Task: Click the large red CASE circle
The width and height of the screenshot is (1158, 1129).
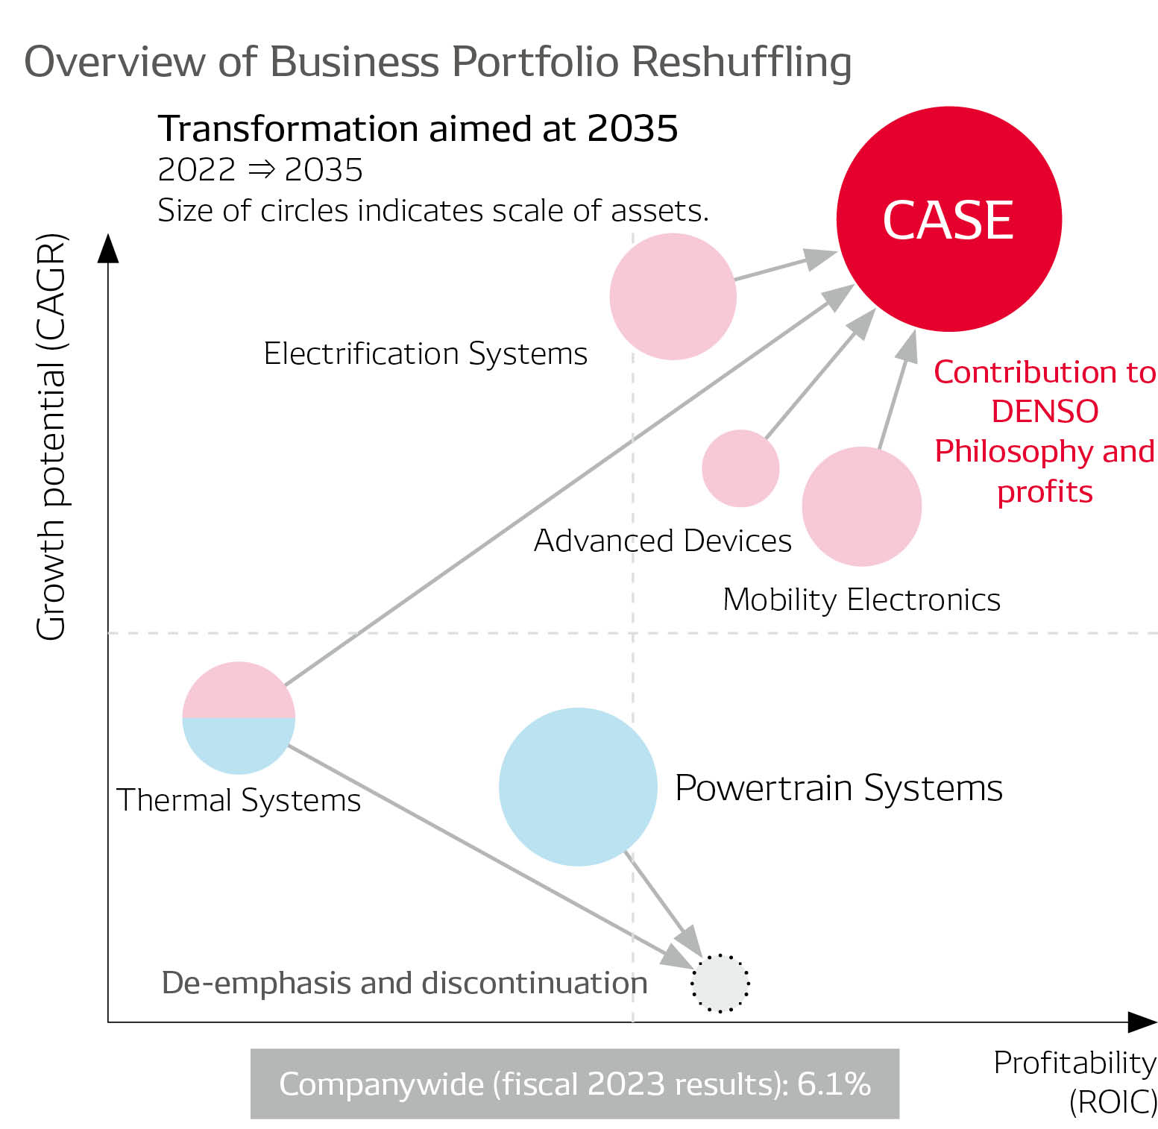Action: (x=948, y=219)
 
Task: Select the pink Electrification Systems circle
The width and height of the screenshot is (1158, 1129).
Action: (x=673, y=296)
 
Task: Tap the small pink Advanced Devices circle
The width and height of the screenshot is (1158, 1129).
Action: (x=740, y=468)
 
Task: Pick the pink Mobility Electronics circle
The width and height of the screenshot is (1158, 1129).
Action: (x=861, y=506)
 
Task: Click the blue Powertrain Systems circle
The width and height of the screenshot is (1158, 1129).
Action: (x=578, y=787)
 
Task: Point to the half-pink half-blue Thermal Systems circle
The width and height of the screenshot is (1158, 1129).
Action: (x=239, y=717)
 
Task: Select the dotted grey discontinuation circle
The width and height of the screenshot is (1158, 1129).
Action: (x=720, y=983)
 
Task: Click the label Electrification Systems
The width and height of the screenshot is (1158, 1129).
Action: (x=425, y=353)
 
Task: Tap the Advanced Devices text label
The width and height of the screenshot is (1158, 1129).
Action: (x=662, y=541)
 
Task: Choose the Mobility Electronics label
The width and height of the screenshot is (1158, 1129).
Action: (x=861, y=600)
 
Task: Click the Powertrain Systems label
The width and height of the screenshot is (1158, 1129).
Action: (x=838, y=787)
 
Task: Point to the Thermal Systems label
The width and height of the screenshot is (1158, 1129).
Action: (x=239, y=800)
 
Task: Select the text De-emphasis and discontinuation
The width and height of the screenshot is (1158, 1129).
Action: (x=404, y=983)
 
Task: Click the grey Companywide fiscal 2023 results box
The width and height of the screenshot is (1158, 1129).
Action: (x=574, y=1084)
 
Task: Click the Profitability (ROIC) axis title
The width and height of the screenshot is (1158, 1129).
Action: (x=1074, y=1081)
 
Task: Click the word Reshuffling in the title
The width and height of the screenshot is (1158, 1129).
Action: (x=742, y=61)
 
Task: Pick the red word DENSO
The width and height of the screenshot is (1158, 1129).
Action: (x=1045, y=412)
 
